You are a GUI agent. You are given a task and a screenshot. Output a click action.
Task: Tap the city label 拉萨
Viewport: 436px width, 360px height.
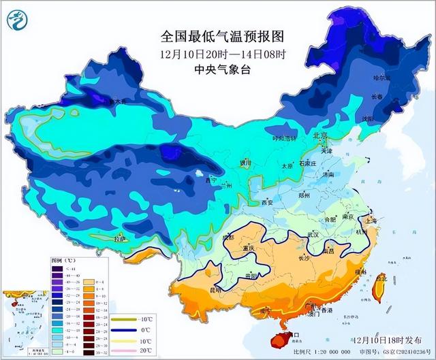121,239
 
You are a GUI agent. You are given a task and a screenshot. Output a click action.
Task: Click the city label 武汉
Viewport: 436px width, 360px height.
313,234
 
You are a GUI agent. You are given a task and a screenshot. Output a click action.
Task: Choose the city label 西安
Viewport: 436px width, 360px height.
266,202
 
